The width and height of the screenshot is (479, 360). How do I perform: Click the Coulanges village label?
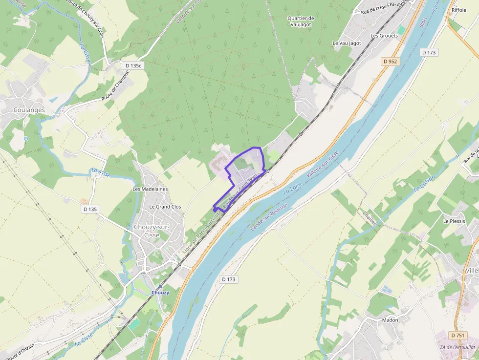coord(29,110)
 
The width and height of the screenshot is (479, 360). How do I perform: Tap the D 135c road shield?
coord(132,65)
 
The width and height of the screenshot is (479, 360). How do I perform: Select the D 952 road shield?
coord(391,62)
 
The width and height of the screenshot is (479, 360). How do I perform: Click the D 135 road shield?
coord(90,209)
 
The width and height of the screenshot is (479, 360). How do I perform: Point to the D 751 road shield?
coord(458,336)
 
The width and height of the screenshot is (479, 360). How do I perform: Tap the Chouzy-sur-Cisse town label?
coord(152,231)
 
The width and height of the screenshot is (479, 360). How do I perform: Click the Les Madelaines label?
coord(150,189)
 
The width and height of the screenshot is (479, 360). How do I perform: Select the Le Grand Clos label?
coord(165,207)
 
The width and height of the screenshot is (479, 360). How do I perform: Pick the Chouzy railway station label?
coord(160,293)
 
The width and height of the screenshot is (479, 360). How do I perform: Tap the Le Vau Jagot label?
coord(347,43)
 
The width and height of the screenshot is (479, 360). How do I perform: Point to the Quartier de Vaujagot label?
coord(301,21)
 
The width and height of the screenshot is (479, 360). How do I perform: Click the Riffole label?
coord(458,10)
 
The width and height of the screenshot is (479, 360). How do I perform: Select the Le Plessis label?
coord(454,221)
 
